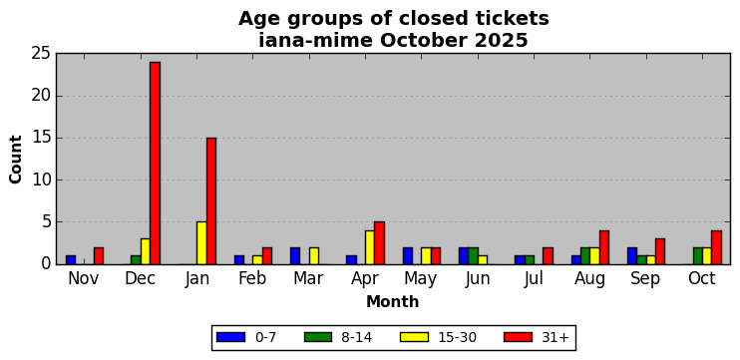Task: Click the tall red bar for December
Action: coord(155,164)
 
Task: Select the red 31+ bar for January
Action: coord(211,201)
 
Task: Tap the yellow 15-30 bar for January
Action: coord(201,243)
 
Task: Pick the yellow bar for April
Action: coord(370,247)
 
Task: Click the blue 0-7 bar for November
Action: coord(71,260)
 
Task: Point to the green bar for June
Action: coord(474,255)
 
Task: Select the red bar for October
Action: coord(716,247)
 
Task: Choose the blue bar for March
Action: coord(295,255)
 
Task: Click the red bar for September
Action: coord(660,251)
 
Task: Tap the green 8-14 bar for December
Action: coord(136,260)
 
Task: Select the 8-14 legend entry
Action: coord(338,337)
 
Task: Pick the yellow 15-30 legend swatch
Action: coord(414,337)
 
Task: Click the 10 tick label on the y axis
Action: coord(41,180)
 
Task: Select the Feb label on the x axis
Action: coord(252,278)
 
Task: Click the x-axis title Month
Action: coord(393,301)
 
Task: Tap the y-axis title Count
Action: coord(16,159)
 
